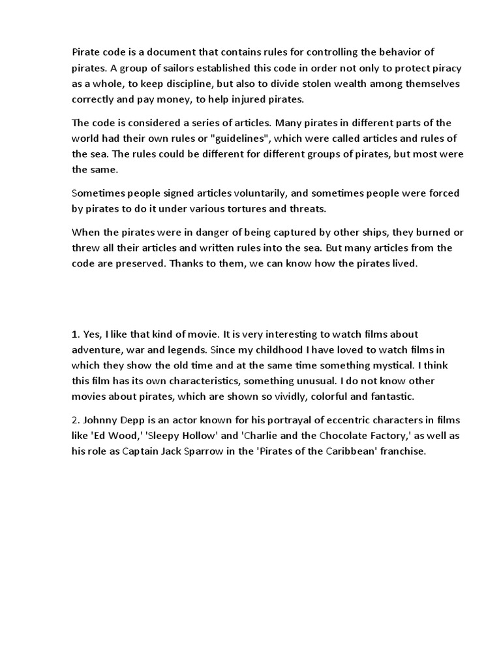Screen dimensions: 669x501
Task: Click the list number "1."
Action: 76,334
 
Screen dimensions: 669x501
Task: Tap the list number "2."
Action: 76,420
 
